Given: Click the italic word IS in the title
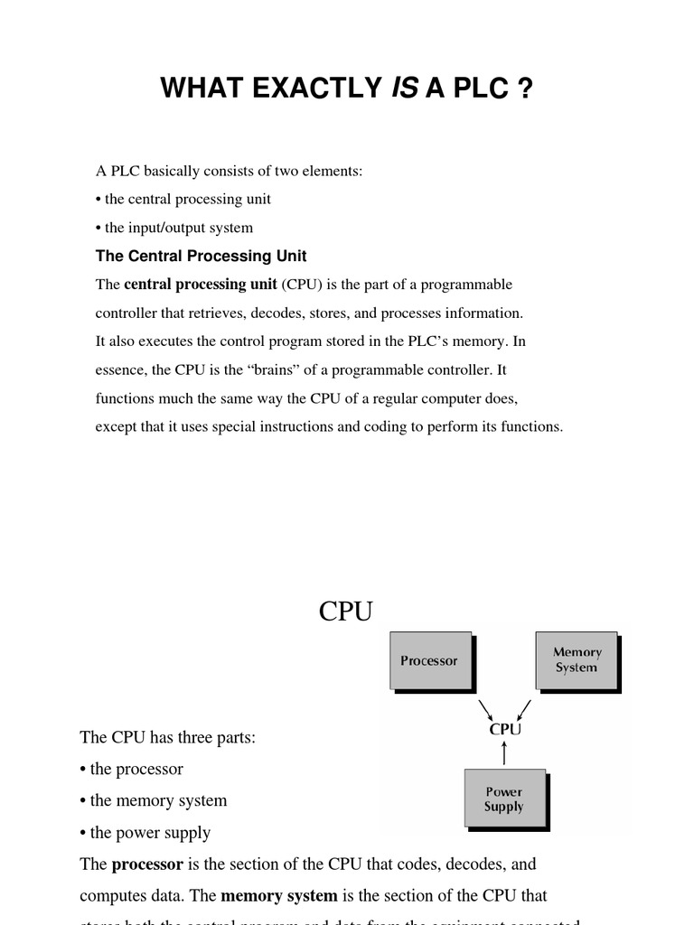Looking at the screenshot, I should tap(403, 89).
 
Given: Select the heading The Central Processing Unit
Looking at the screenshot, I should tap(202, 256).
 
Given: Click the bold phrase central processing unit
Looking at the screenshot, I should tap(201, 285).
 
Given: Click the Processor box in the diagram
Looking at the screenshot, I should tap(430, 660).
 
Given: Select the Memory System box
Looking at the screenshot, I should tap(577, 660).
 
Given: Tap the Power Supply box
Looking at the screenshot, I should tap(504, 798).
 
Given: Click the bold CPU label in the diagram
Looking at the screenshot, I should tap(504, 728).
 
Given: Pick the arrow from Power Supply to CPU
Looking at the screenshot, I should tap(504, 753).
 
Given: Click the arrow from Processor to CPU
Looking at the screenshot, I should tap(486, 705).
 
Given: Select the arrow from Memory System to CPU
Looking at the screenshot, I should tap(523, 705).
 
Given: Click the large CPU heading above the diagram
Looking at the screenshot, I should tap(345, 612).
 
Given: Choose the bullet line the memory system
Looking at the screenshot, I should tap(158, 800).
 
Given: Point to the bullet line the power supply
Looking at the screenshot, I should tap(150, 832).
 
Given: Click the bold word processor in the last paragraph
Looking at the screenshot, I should tap(147, 864).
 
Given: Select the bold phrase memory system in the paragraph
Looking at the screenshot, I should tap(279, 896).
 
